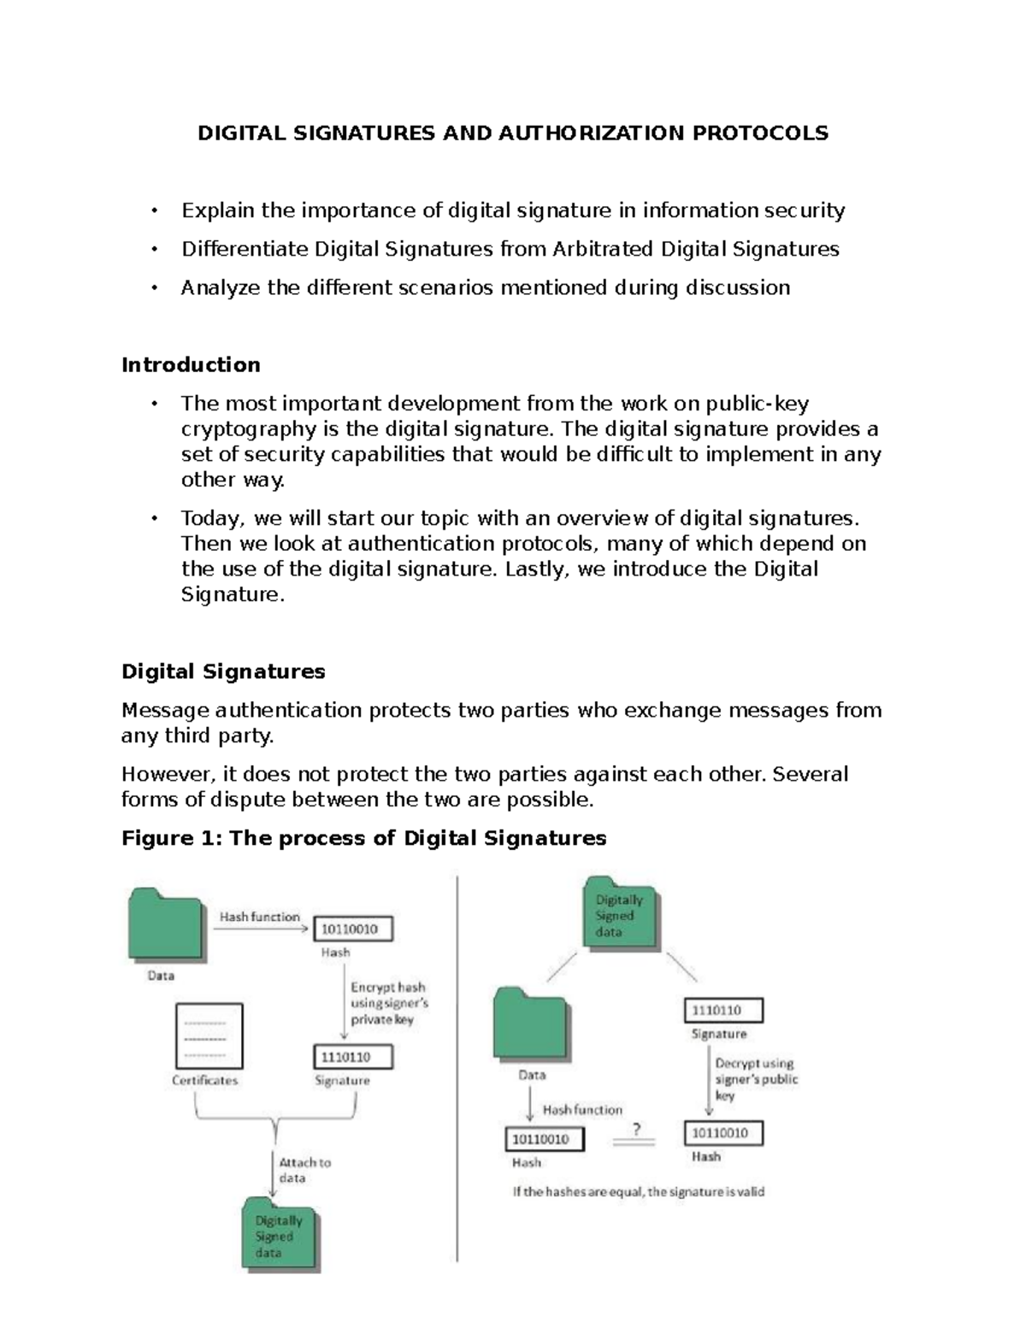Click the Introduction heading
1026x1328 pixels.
191,365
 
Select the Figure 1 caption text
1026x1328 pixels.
363,838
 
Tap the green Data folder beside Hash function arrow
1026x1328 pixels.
166,924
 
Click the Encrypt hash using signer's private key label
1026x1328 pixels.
389,1003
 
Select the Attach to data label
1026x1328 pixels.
304,1170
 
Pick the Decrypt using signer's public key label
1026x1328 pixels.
755,1079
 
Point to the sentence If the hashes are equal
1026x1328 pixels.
638,1191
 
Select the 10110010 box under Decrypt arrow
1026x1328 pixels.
723,1133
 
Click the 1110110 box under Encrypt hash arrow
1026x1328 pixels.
353,1057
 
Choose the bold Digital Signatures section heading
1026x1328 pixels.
223,671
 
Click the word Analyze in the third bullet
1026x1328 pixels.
221,287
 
